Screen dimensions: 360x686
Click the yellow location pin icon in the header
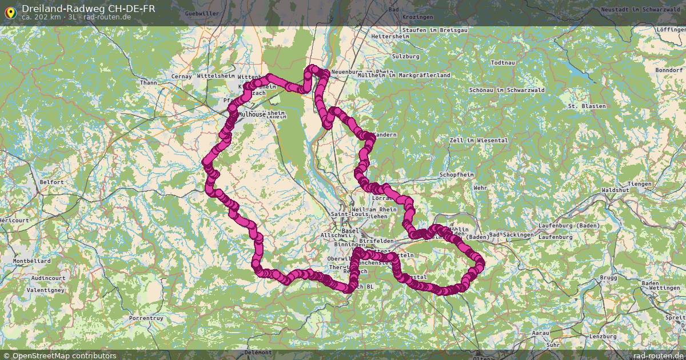(x=10, y=11)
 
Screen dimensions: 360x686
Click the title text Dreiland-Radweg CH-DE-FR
(x=88, y=9)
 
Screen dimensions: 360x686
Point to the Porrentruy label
(x=146, y=317)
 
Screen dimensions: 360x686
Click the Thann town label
(x=148, y=83)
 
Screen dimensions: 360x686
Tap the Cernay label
(x=181, y=77)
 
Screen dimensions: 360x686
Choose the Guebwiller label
(x=202, y=13)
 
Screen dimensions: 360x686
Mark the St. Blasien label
(x=587, y=106)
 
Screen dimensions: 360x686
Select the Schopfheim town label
(x=456, y=174)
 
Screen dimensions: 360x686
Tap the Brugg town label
(x=609, y=278)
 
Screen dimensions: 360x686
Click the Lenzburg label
(x=603, y=337)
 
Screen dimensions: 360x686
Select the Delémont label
(x=258, y=353)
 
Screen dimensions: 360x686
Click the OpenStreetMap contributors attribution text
(x=64, y=355)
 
